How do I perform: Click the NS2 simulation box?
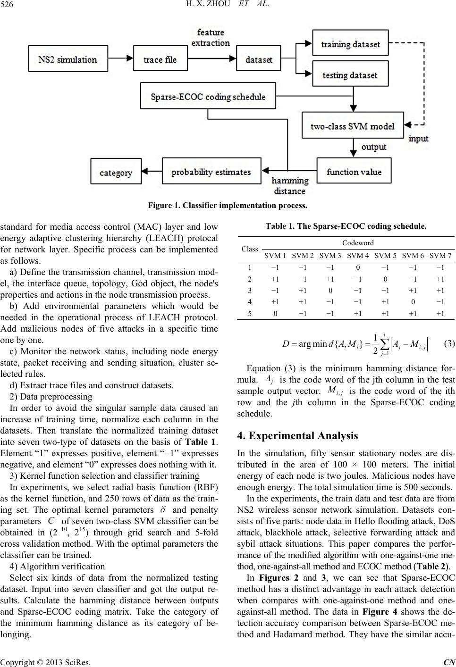click(68, 59)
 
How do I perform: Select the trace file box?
click(160, 59)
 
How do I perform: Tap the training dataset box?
click(350, 44)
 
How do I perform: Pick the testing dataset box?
click(350, 75)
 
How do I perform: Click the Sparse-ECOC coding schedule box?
click(208, 97)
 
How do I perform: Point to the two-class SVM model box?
click(353, 126)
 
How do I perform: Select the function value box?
click(354, 172)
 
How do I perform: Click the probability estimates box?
click(211, 172)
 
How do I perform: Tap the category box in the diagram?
click(116, 173)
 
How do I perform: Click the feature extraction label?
click(211, 37)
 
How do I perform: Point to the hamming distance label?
click(289, 186)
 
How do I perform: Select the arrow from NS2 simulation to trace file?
click(122, 59)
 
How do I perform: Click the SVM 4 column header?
click(358, 255)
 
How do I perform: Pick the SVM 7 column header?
click(441, 255)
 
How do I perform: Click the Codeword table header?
click(358, 242)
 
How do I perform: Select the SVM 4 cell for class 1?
click(358, 267)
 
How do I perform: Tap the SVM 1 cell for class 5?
click(276, 312)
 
